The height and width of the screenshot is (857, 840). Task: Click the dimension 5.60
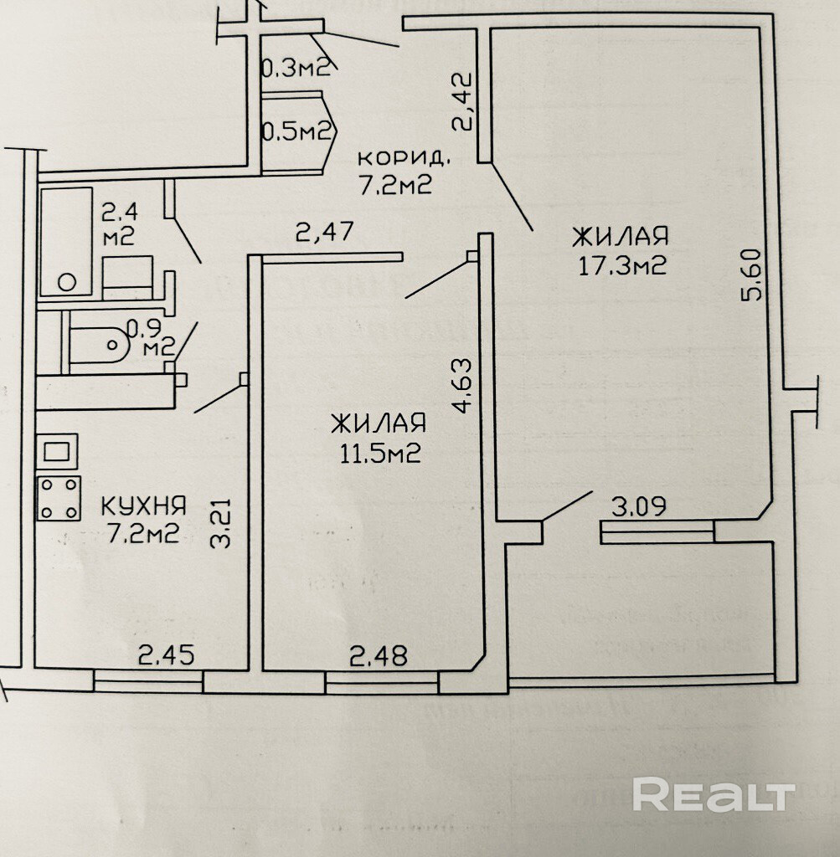[x=753, y=276]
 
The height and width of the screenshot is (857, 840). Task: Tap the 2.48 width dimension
[x=379, y=655]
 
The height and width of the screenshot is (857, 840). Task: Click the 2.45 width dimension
[x=166, y=654]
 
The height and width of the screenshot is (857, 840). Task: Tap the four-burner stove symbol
[x=59, y=497]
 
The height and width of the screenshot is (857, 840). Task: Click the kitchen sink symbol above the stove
[x=59, y=452]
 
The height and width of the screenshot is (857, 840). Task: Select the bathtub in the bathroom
[x=65, y=240]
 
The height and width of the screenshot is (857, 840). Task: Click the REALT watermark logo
[x=714, y=794]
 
